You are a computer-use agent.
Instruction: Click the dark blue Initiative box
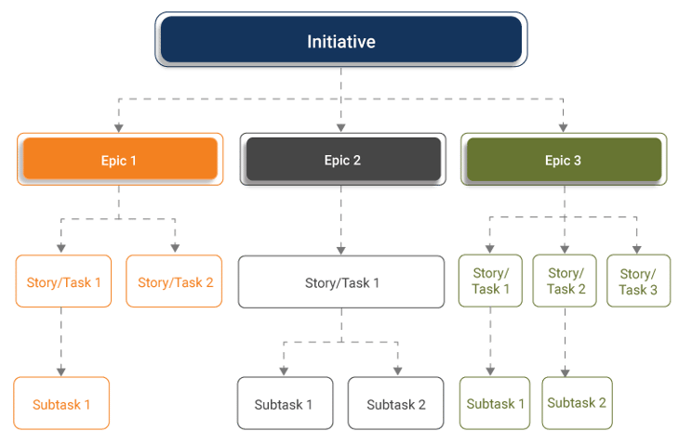click(340, 39)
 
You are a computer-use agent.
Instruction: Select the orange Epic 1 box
click(120, 159)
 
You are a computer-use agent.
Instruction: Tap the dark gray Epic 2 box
click(343, 159)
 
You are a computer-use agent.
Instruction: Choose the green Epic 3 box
click(564, 159)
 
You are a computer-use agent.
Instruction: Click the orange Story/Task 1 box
click(63, 281)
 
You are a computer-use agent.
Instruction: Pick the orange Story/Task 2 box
click(174, 281)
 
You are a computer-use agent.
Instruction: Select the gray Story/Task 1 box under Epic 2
click(341, 281)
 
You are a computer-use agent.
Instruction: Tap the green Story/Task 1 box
click(490, 281)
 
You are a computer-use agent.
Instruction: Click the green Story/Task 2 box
click(565, 281)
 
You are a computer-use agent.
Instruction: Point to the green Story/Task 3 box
click(639, 281)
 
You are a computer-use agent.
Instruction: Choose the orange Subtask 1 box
click(61, 403)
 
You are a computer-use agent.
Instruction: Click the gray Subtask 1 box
click(286, 403)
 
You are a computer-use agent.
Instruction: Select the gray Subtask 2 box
click(396, 403)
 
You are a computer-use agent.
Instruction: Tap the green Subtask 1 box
click(495, 403)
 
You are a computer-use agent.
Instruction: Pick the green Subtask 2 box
click(578, 403)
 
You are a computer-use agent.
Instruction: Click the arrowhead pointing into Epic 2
click(340, 128)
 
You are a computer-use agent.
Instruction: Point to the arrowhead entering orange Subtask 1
click(61, 372)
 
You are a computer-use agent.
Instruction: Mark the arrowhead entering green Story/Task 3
click(636, 250)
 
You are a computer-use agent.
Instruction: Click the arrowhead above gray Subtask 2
click(397, 371)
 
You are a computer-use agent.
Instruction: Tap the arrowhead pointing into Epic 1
click(119, 128)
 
